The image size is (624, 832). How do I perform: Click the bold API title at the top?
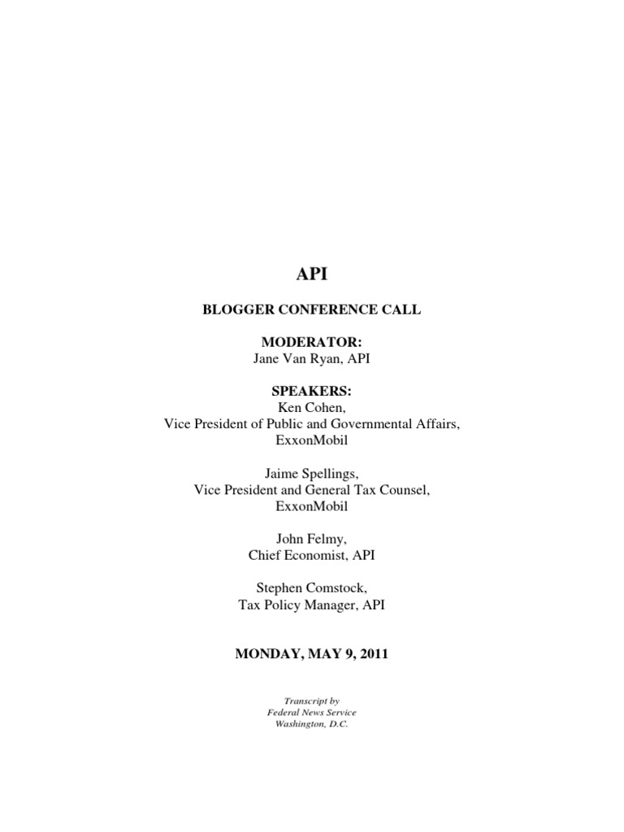pyautogui.click(x=312, y=275)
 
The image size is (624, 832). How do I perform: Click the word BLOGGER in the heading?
pyautogui.click(x=237, y=310)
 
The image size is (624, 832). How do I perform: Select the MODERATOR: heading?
pyautogui.click(x=312, y=344)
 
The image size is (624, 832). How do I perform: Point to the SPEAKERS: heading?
pyautogui.click(x=312, y=392)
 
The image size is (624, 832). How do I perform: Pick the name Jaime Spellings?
pyautogui.click(x=312, y=473)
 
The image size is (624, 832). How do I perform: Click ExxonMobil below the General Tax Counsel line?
pyautogui.click(x=312, y=505)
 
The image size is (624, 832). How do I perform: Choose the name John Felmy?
pyautogui.click(x=312, y=539)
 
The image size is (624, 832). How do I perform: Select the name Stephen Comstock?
pyautogui.click(x=312, y=588)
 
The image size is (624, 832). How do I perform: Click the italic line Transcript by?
pyautogui.click(x=312, y=700)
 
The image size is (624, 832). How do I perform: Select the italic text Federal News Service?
pyautogui.click(x=312, y=712)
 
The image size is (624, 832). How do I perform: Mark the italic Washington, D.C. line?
pyautogui.click(x=312, y=724)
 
